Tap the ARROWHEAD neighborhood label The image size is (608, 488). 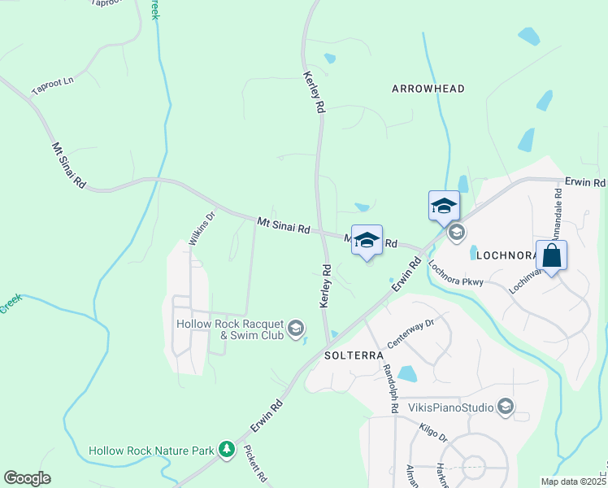click(x=428, y=88)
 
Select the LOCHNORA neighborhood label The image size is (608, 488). click(x=504, y=255)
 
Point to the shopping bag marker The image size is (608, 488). click(x=551, y=256)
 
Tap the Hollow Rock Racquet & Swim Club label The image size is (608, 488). click(x=230, y=329)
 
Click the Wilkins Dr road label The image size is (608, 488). click(x=201, y=229)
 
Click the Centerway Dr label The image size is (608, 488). click(x=411, y=333)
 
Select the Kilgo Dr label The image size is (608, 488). click(x=433, y=431)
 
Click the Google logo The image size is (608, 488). click(x=27, y=478)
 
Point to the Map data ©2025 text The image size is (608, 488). click(x=572, y=481)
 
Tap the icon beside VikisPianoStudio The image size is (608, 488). click(x=506, y=406)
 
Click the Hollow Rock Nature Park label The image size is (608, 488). click(x=151, y=450)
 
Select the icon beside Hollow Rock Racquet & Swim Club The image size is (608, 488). click(x=296, y=329)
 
